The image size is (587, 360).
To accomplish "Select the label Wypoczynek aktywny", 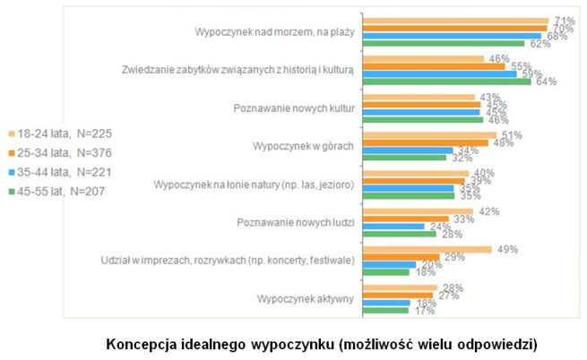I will coord(306,297).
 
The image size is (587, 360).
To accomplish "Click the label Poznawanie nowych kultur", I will coord(296,108).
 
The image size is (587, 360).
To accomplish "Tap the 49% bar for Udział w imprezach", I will coord(428,250).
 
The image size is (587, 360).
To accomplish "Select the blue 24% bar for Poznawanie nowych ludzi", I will coord(394,227).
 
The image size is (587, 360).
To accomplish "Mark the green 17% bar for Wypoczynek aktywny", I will coord(386,310).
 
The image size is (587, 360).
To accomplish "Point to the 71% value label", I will coord(564,21).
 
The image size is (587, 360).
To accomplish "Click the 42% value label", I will coord(488,212).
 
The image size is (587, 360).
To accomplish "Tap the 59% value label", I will coord(531,73).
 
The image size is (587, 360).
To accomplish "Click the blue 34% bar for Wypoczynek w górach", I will coord(408,150).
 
